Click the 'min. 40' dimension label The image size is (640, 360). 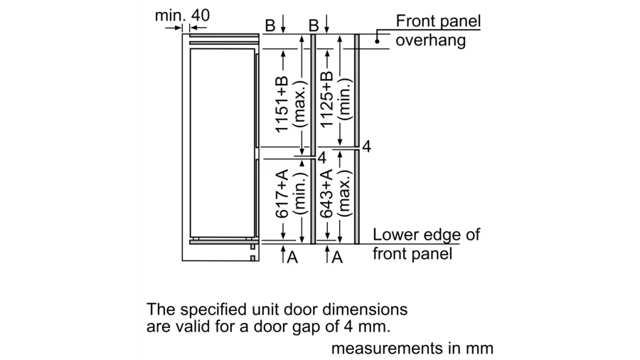pyautogui.click(x=182, y=16)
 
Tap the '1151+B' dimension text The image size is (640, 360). pyautogui.click(x=282, y=104)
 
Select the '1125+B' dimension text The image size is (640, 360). pyautogui.click(x=326, y=100)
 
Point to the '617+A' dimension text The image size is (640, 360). pyautogui.click(x=282, y=194)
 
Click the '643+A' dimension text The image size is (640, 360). pyautogui.click(x=326, y=194)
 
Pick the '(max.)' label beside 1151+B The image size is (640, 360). pyautogui.click(x=300, y=105)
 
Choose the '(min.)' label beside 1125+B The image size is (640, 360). pyautogui.click(x=345, y=100)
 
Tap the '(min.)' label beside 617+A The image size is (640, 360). pyautogui.click(x=300, y=194)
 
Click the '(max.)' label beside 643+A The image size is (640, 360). pyautogui.click(x=345, y=194)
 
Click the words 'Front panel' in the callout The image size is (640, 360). pyautogui.click(x=438, y=21)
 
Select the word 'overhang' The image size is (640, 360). pyautogui.click(x=431, y=41)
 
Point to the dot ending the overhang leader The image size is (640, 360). pyautogui.click(x=377, y=41)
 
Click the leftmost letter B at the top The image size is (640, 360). pyautogui.click(x=270, y=26)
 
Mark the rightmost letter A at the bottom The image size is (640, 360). pyautogui.click(x=337, y=257)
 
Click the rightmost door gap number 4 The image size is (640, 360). pyautogui.click(x=366, y=147)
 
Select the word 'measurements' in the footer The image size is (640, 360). pyautogui.click(x=387, y=348)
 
